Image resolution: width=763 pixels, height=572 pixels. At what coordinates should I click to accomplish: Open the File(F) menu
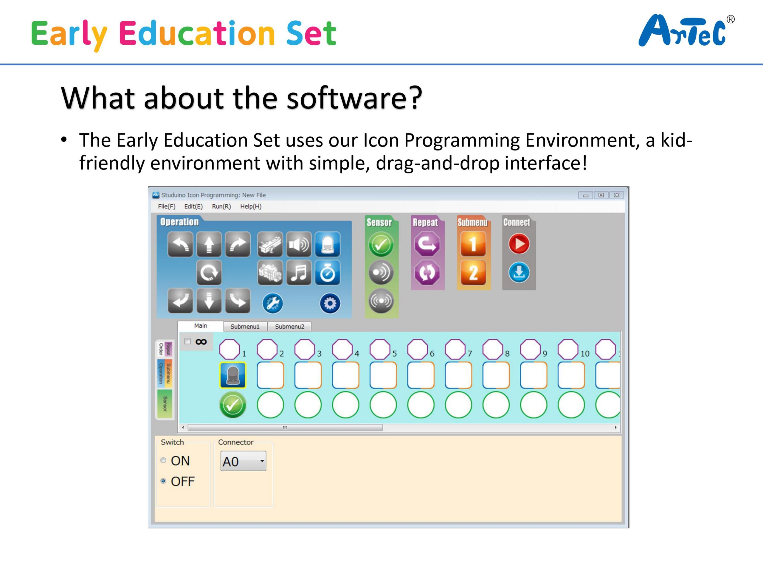coord(167,206)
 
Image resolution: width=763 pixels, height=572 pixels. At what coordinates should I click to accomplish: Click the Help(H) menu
coord(251,206)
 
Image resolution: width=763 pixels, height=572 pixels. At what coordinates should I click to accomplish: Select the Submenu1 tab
coord(245,326)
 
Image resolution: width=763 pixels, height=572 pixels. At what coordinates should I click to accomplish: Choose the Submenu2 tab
coord(289,326)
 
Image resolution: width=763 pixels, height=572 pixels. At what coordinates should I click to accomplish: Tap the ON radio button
coord(164,460)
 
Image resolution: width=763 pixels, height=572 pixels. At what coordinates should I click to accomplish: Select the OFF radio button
coord(164,481)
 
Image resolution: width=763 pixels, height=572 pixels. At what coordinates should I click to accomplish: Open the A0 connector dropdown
coord(243,461)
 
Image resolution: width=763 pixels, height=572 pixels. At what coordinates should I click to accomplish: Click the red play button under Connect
coord(519,244)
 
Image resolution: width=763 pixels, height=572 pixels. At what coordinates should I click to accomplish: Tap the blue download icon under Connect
coord(519,272)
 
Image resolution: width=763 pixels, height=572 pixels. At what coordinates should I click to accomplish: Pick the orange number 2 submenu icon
coord(473,272)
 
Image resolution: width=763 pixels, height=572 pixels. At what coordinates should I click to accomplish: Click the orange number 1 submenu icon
coord(473,244)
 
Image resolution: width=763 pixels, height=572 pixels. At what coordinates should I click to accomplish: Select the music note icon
coord(299,272)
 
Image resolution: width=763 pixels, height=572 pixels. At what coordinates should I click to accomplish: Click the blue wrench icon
coord(272,303)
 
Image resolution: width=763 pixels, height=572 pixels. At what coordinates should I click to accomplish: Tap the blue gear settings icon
coord(330,303)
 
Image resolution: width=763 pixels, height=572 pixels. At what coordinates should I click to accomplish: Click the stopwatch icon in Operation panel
coord(327,272)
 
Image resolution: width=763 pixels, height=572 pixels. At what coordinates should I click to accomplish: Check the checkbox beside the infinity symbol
coord(187,341)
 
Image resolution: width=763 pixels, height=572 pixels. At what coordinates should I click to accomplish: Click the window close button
coord(616,195)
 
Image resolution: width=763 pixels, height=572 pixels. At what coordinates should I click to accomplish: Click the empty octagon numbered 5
coord(379,349)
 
